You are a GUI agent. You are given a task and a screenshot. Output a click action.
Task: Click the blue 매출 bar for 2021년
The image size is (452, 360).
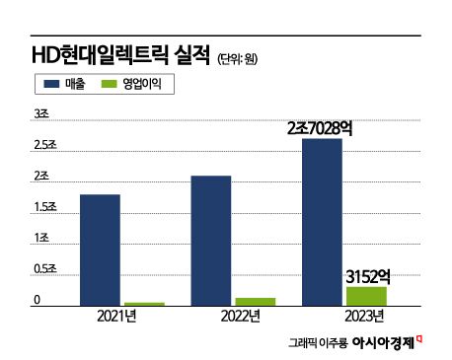click(x=100, y=251)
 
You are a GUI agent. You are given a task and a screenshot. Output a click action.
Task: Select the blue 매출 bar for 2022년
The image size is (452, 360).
click(x=211, y=241)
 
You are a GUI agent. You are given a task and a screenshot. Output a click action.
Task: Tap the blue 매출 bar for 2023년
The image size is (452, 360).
click(x=322, y=222)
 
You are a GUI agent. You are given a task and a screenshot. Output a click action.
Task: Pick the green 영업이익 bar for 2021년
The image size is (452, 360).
click(x=144, y=304)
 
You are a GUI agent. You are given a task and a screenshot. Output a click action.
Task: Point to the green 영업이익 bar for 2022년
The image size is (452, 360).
click(x=255, y=302)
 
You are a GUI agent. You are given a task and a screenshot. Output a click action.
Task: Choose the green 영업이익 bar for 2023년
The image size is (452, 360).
click(x=366, y=296)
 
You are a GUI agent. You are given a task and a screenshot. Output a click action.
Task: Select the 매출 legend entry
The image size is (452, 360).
click(x=59, y=86)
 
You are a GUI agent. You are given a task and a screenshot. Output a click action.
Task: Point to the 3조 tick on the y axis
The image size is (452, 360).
click(x=41, y=115)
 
